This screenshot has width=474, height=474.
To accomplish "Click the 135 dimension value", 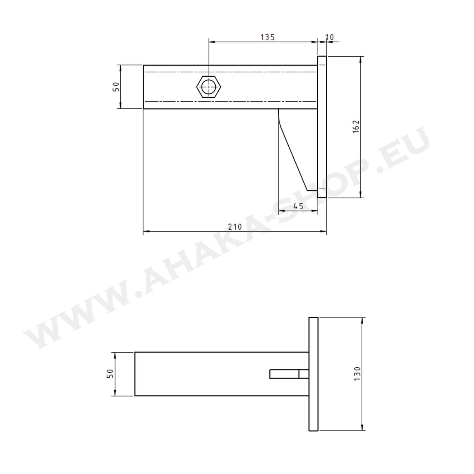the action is coord(268,37).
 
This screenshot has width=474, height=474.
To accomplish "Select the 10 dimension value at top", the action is coord(329,37).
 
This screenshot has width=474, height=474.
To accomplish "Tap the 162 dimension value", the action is coord(356,127).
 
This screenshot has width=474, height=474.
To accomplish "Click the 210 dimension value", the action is coord(235,227).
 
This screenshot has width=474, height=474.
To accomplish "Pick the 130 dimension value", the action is coord(357,373).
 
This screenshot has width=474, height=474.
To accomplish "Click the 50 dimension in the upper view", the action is coord(116,87).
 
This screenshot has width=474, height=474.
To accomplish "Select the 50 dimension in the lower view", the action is coord(110,373).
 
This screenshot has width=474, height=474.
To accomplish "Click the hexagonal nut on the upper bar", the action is coord(209,87).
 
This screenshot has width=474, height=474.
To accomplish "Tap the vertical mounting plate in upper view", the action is coord(322,127).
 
